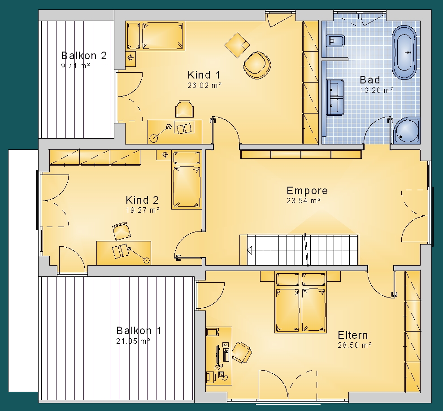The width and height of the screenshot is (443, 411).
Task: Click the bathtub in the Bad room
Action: coord(404,52)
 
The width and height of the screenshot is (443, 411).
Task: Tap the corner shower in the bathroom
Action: coord(407,131)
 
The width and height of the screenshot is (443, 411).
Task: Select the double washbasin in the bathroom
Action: coord(335,97)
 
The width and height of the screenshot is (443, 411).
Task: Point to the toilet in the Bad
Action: coord(335,41)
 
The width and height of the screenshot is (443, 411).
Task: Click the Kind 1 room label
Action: coord(204,75)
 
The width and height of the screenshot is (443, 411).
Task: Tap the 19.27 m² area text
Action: coord(143,210)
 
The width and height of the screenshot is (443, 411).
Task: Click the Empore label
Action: coord(307,191)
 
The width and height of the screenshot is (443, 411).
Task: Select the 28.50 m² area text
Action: coord(355,345)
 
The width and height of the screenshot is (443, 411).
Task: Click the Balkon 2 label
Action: coord(84,55)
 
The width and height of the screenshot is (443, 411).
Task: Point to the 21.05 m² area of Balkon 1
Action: coord(133,341)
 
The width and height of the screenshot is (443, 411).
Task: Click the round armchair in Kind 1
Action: coord(257,65)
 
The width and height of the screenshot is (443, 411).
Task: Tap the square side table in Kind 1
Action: coord(237,45)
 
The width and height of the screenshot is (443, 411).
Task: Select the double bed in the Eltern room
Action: coord(300,302)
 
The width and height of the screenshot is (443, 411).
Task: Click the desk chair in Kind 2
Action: coord(122,231)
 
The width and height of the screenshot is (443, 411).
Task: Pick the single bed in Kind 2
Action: coord(187,180)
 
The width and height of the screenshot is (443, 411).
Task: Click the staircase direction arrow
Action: coord(250,250)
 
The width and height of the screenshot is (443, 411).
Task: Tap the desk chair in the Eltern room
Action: coord(242,352)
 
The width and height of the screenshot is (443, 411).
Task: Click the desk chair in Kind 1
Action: coord(184,109)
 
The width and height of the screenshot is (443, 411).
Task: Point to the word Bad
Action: coord(370,80)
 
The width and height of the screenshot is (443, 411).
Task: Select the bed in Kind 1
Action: coord(155,36)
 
